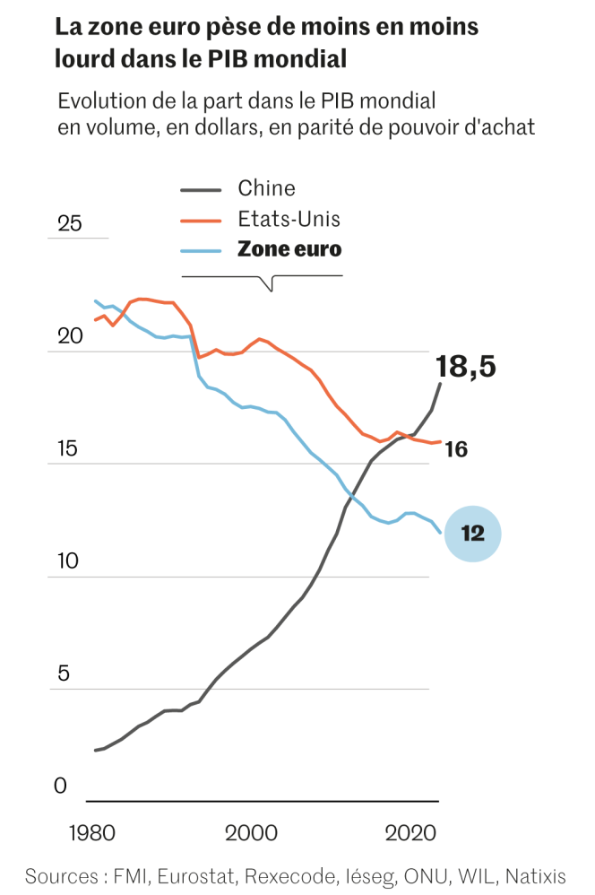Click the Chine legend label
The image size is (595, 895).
click(x=266, y=188)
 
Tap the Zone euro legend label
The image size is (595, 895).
click(x=289, y=249)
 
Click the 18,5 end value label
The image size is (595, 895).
click(x=465, y=367)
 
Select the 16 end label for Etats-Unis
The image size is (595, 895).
click(x=456, y=448)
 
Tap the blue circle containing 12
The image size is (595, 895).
click(x=472, y=534)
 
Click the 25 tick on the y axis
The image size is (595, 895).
click(x=69, y=224)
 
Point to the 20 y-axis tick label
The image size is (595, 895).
click(x=69, y=336)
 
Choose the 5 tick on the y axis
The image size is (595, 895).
click(x=63, y=674)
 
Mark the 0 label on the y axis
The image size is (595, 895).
click(x=61, y=786)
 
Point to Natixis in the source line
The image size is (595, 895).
click(x=537, y=874)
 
